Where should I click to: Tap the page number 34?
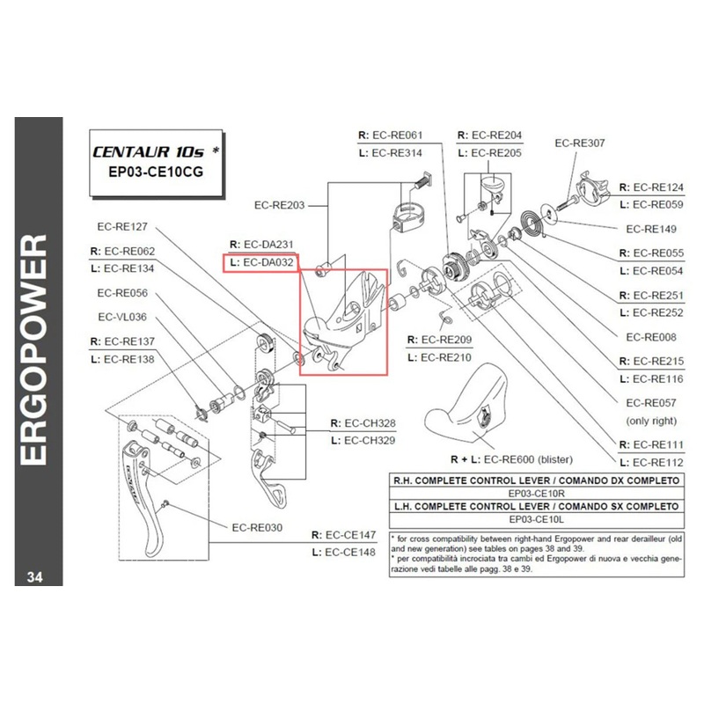[x=35, y=577]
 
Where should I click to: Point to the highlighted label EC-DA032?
[x=262, y=262]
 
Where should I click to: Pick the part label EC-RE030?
[x=257, y=528]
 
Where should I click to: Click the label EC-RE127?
[x=122, y=224]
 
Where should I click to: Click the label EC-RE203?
[x=279, y=205]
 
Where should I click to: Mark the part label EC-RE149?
[x=652, y=229]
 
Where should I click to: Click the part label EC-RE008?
[x=652, y=336]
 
